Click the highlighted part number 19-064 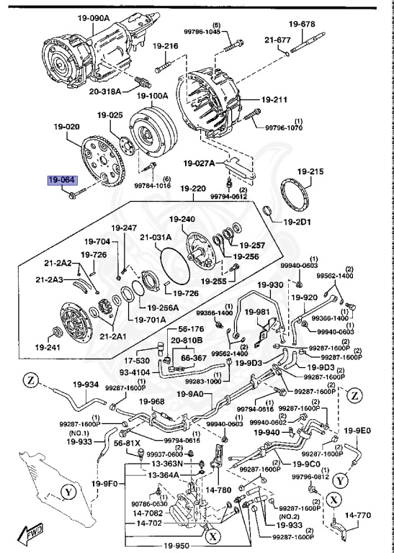point(61,180)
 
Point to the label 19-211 point(274,99)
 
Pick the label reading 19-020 point(66,127)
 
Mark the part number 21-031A point(156,237)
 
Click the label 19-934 point(87,385)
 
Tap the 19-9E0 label point(357,431)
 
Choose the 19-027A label point(198,163)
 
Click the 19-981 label point(256,313)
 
